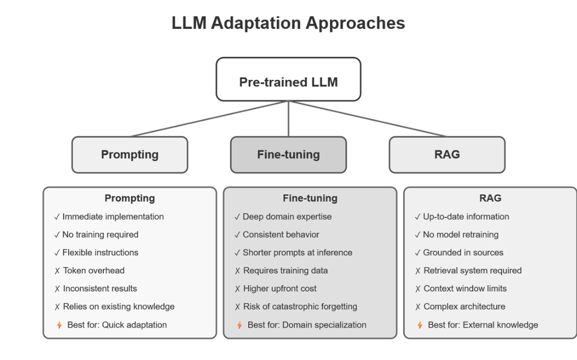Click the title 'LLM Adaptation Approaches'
(x=288, y=24)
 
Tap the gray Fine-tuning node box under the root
(x=288, y=155)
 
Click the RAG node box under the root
(x=447, y=155)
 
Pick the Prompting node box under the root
(x=130, y=155)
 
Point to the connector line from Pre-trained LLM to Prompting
(x=210, y=119)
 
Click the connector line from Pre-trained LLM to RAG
(x=367, y=119)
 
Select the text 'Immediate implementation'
(x=113, y=217)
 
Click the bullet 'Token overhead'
(x=93, y=271)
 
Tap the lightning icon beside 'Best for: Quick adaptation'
(x=59, y=325)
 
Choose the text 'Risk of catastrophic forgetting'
(x=300, y=306)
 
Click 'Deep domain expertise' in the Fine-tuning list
(x=287, y=217)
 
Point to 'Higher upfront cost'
(x=280, y=289)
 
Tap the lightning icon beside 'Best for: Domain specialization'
(x=240, y=325)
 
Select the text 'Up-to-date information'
(x=466, y=217)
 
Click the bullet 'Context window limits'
(x=465, y=289)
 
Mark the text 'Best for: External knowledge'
(x=483, y=325)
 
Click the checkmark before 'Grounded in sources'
(x=418, y=253)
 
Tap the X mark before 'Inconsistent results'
(x=57, y=289)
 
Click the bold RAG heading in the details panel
(x=490, y=198)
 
